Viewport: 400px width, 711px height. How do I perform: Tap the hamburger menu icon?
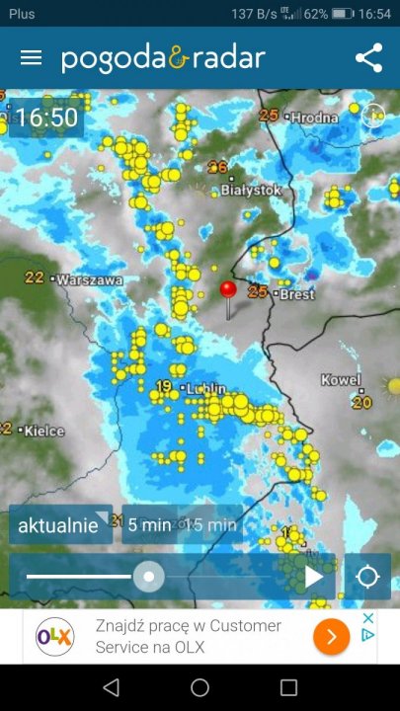coord(31,57)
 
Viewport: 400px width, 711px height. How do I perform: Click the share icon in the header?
coord(368,57)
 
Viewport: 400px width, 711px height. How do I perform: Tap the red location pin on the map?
coord(228,290)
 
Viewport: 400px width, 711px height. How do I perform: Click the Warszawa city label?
coord(89,279)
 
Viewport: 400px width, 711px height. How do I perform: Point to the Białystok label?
coord(252,189)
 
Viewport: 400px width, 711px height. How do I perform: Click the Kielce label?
coord(44,431)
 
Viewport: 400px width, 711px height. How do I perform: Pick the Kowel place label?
coord(342,380)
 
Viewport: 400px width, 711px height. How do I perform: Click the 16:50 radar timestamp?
coord(46,118)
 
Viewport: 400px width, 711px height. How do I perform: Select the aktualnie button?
coord(59,525)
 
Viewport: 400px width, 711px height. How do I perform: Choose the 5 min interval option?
coord(149,525)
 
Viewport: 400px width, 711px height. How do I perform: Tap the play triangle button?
coord(314,577)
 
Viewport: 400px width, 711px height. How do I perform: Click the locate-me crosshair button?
coord(367,577)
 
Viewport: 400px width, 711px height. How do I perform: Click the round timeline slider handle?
coord(149,577)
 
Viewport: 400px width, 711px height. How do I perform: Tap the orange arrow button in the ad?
coord(331,637)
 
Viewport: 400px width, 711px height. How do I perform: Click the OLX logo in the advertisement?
coord(55,638)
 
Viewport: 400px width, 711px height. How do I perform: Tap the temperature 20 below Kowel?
coord(361,402)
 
